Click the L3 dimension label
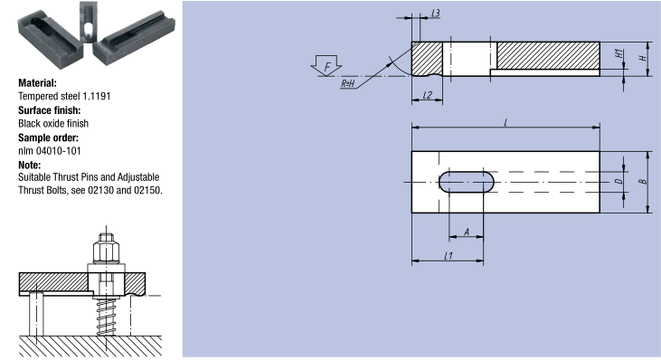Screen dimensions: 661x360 point(436,13)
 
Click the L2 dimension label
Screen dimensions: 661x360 point(428,95)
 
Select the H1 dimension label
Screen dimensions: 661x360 point(619,54)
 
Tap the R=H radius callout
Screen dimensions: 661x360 point(347,83)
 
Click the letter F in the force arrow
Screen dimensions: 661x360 point(327,66)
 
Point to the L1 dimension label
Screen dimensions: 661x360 point(449,255)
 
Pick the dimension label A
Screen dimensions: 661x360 point(467,232)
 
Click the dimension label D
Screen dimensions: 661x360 point(619,181)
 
